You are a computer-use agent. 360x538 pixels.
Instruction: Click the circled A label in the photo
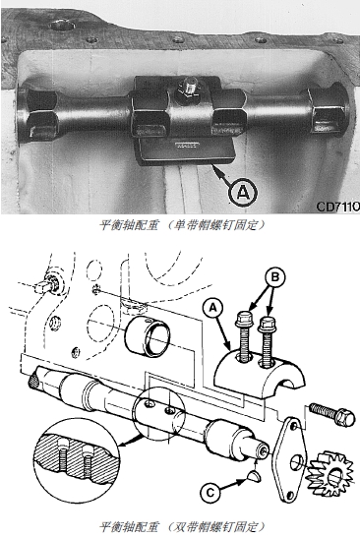click(x=243, y=193)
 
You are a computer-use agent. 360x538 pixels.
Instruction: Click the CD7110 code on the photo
click(x=337, y=207)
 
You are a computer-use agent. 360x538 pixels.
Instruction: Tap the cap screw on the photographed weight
click(x=188, y=87)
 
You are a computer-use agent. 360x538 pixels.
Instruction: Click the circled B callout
click(x=274, y=277)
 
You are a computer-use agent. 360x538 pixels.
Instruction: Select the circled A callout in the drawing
click(x=213, y=308)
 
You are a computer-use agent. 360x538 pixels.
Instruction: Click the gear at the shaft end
click(x=329, y=474)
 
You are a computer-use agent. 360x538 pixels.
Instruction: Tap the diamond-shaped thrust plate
click(x=291, y=459)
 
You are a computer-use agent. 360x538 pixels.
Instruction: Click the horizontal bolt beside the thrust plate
click(x=331, y=413)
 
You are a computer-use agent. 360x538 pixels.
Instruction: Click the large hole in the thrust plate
click(x=296, y=462)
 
